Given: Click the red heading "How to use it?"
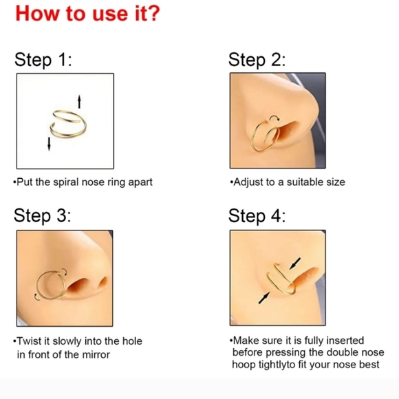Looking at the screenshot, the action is click(87, 14).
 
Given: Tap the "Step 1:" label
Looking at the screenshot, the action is click(43, 60).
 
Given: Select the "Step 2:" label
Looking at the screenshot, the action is click(257, 60).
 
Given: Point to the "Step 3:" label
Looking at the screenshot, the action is click(42, 216).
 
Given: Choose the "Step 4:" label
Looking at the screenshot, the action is click(257, 216).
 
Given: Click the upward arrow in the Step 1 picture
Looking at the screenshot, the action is click(79, 102).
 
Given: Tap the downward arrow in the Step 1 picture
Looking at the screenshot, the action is click(49, 144).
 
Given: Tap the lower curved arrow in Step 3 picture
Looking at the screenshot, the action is click(36, 298).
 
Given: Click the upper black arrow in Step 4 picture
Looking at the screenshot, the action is click(295, 263).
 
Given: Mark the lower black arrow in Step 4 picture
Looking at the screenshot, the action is click(264, 298).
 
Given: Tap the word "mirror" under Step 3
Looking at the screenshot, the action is click(95, 354).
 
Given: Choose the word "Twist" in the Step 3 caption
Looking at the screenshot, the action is click(28, 341).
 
